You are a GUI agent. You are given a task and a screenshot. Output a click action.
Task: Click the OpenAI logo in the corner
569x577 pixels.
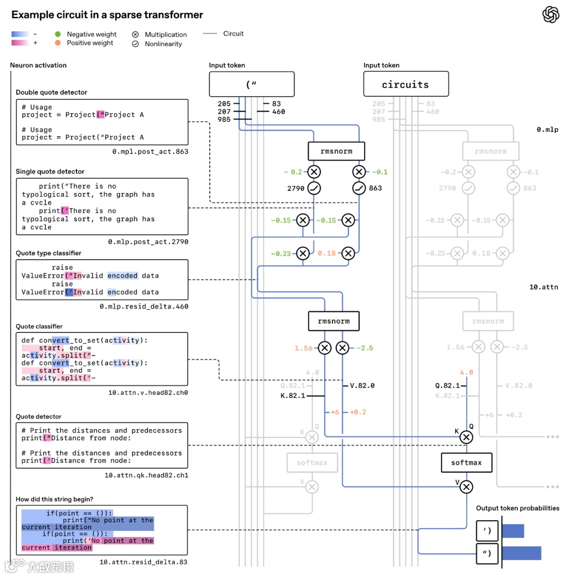pyautogui.click(x=551, y=15)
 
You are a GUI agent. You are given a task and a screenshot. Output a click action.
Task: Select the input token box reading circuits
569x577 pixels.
pyautogui.click(x=406, y=84)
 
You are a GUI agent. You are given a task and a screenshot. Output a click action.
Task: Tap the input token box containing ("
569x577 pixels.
pyautogui.click(x=251, y=84)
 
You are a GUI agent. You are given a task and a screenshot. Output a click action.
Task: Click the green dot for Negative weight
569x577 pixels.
pyautogui.click(x=58, y=34)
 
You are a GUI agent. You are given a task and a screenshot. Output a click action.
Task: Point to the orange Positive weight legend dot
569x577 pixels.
pyautogui.click(x=58, y=43)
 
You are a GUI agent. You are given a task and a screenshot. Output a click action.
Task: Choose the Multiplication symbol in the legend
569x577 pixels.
pyautogui.click(x=135, y=34)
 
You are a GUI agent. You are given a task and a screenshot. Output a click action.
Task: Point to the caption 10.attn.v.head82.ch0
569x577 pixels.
pyautogui.click(x=148, y=392)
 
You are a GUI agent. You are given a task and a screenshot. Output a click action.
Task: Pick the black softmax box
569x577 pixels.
pyautogui.click(x=466, y=463)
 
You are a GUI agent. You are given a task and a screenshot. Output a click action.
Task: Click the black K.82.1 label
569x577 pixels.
pyautogui.click(x=293, y=396)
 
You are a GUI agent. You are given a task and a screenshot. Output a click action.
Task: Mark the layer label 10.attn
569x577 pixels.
pyautogui.click(x=543, y=287)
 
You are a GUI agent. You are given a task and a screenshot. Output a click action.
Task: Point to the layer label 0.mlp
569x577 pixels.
pyautogui.click(x=547, y=129)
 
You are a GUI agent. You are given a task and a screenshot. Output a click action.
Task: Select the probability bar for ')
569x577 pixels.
pyautogui.click(x=513, y=531)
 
